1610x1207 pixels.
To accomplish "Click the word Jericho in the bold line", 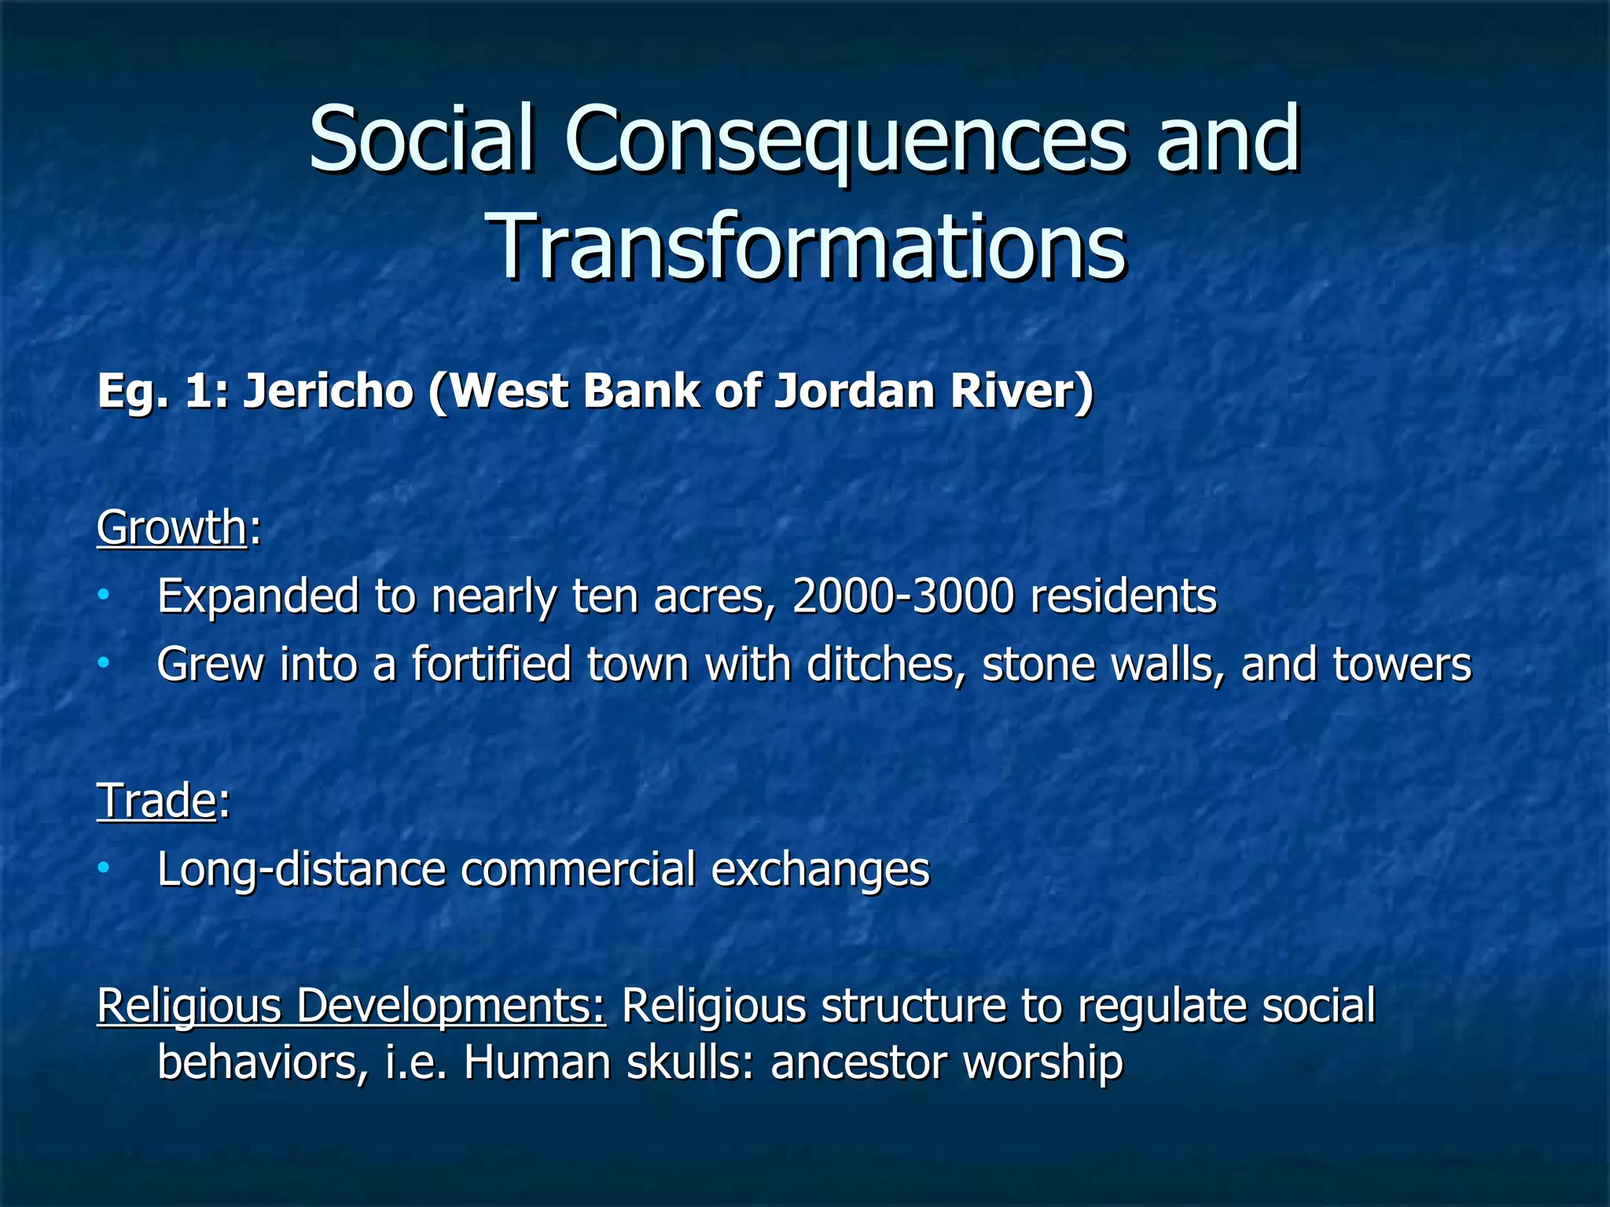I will point(328,391).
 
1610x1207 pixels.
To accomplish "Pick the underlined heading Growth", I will point(172,527).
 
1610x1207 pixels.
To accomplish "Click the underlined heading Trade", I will point(156,801).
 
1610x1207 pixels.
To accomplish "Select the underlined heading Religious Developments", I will point(351,1006).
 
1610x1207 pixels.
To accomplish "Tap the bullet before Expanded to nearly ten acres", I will point(104,596).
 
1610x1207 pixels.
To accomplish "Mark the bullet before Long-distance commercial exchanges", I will point(104,869).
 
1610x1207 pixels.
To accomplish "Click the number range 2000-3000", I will point(903,596).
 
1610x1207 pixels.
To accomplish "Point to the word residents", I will point(1123,596).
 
